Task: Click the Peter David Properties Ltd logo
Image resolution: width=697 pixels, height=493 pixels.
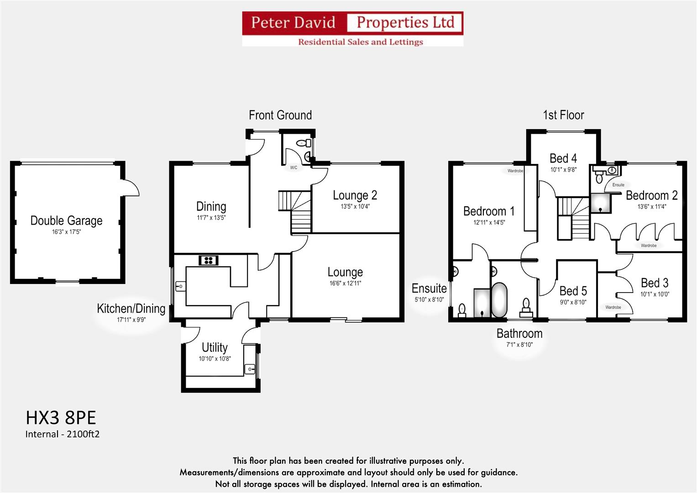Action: click(x=352, y=29)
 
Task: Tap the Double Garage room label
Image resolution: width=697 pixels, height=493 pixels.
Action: click(x=66, y=221)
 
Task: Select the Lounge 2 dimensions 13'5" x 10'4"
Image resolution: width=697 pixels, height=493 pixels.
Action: click(x=355, y=206)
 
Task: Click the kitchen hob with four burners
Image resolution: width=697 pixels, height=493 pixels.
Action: click(x=209, y=260)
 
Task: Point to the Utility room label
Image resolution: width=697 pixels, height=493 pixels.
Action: click(x=215, y=347)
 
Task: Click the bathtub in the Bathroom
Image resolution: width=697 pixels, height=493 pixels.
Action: click(x=499, y=299)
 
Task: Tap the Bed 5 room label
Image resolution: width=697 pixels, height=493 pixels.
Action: click(x=573, y=291)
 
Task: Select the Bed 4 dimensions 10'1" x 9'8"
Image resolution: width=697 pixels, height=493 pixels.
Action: click(x=563, y=170)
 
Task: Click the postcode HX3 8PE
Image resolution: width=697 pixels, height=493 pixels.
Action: click(x=61, y=418)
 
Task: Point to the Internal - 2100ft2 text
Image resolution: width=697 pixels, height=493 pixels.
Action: click(x=62, y=434)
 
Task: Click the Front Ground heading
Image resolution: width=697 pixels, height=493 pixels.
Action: click(x=280, y=115)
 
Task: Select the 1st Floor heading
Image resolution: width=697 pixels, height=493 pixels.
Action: click(x=563, y=115)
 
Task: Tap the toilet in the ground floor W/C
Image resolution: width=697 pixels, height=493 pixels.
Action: click(x=301, y=143)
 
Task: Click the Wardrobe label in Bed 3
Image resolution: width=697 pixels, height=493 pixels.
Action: click(x=613, y=307)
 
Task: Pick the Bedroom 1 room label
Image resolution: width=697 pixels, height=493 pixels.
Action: click(x=489, y=211)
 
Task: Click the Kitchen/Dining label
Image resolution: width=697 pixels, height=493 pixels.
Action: click(x=131, y=309)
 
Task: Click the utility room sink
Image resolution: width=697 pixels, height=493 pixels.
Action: click(x=249, y=368)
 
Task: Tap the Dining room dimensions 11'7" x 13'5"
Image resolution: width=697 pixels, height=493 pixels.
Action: click(x=211, y=218)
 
